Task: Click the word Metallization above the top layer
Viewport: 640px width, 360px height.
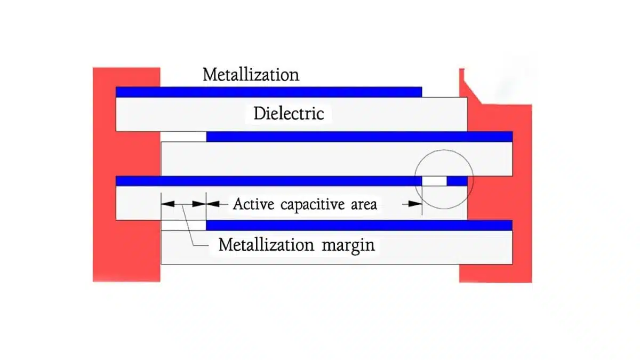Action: (x=251, y=75)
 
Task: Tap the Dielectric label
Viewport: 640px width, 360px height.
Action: (x=289, y=113)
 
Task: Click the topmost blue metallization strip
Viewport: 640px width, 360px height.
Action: (x=268, y=92)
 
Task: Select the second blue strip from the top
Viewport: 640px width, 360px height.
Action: (x=359, y=137)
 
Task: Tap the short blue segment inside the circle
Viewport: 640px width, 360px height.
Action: (x=457, y=181)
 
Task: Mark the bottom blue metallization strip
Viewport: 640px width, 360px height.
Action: (x=359, y=225)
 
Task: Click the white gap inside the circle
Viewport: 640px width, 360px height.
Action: (x=434, y=181)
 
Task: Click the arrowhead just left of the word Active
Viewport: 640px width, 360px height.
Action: (x=212, y=203)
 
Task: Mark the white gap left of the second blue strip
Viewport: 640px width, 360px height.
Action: (x=183, y=137)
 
